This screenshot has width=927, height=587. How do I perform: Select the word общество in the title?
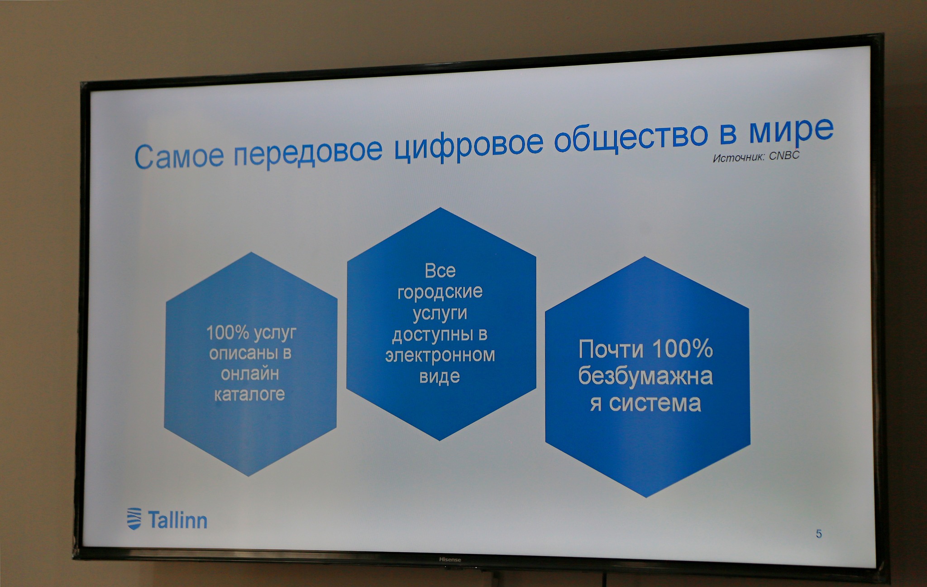631,136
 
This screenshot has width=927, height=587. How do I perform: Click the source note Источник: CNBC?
756,156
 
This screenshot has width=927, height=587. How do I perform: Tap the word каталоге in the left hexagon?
249,394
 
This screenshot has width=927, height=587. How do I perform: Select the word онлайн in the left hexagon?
250,374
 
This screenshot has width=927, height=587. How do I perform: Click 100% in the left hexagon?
228,333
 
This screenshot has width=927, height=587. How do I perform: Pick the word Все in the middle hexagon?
440,271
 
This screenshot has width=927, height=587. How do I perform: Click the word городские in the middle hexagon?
440,292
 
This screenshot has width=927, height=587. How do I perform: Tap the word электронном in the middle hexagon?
440,355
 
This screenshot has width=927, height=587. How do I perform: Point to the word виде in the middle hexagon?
440,377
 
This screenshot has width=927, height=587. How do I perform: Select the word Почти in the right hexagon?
611,349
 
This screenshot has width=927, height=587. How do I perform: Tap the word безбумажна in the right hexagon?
645,376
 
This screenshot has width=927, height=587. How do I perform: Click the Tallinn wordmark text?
177,520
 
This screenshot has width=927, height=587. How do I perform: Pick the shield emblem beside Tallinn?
134,519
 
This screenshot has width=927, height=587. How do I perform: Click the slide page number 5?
819,534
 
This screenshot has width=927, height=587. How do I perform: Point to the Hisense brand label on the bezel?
450,560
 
